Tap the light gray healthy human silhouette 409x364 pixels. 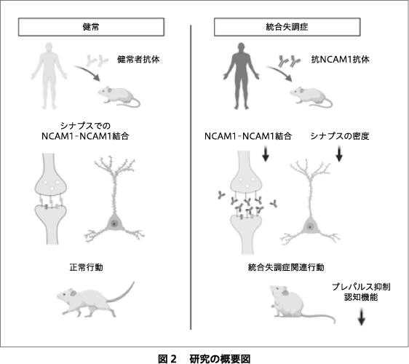point(49,76)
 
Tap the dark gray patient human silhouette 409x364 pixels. point(242,76)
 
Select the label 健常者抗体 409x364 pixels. point(138,60)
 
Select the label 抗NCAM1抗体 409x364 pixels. point(340,60)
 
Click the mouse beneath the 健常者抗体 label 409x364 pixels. point(119,96)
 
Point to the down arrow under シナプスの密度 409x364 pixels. point(339,154)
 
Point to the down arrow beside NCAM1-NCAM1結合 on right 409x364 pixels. point(266,154)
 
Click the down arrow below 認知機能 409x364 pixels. point(361,317)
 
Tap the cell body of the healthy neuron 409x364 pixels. point(114,223)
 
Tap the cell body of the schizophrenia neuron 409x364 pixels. point(310,226)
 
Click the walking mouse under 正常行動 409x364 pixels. point(95,299)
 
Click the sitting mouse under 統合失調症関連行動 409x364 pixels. point(300,303)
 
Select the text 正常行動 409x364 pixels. point(87,267)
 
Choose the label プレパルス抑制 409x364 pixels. point(361,287)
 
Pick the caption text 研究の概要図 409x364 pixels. point(220,359)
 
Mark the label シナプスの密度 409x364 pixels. point(340,136)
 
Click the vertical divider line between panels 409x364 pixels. point(191,178)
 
